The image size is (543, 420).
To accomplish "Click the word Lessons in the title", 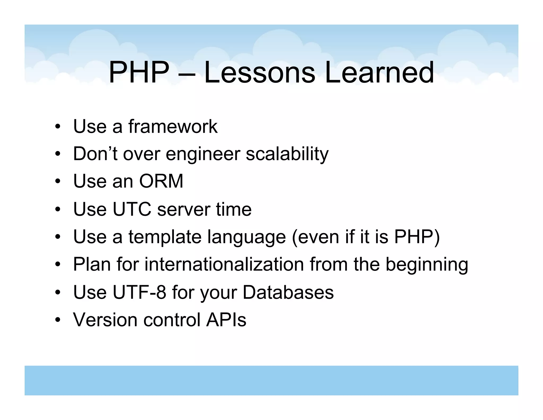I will pyautogui.click(x=260, y=72).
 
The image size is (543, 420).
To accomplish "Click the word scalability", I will pyautogui.click(x=287, y=154).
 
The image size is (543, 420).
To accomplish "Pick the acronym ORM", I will pyautogui.click(x=161, y=181).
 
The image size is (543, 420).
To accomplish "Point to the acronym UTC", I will pyautogui.click(x=132, y=209).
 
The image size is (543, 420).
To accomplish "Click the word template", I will pyautogui.click(x=165, y=237).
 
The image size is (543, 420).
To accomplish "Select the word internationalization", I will pyautogui.click(x=224, y=264).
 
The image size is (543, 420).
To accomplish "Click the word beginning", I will pyautogui.click(x=427, y=265).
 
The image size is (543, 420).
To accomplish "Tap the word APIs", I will pyautogui.click(x=226, y=320).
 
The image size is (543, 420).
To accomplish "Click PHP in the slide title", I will pyautogui.click(x=139, y=72).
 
